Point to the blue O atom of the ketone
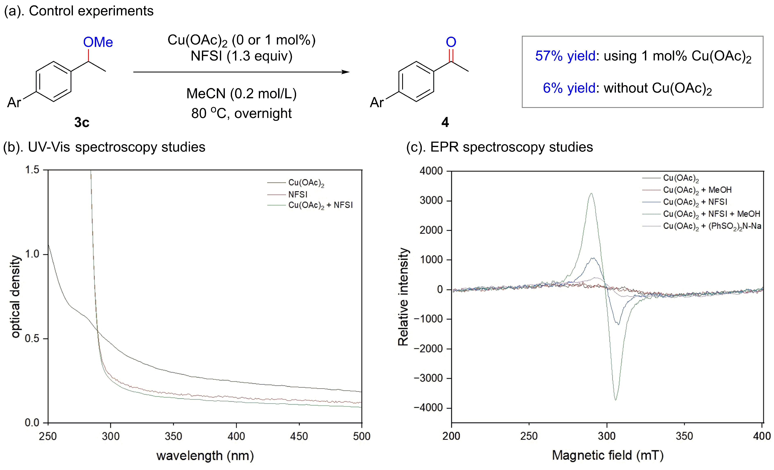[451, 42]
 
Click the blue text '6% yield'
[569, 88]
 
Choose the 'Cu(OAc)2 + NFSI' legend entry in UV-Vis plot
[320, 205]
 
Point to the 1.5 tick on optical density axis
[32, 170]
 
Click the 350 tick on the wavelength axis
[173, 436]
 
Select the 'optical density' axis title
[15, 297]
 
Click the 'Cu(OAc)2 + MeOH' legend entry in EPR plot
[697, 190]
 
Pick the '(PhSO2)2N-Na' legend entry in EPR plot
[712, 226]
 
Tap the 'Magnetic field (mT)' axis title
[608, 455]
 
